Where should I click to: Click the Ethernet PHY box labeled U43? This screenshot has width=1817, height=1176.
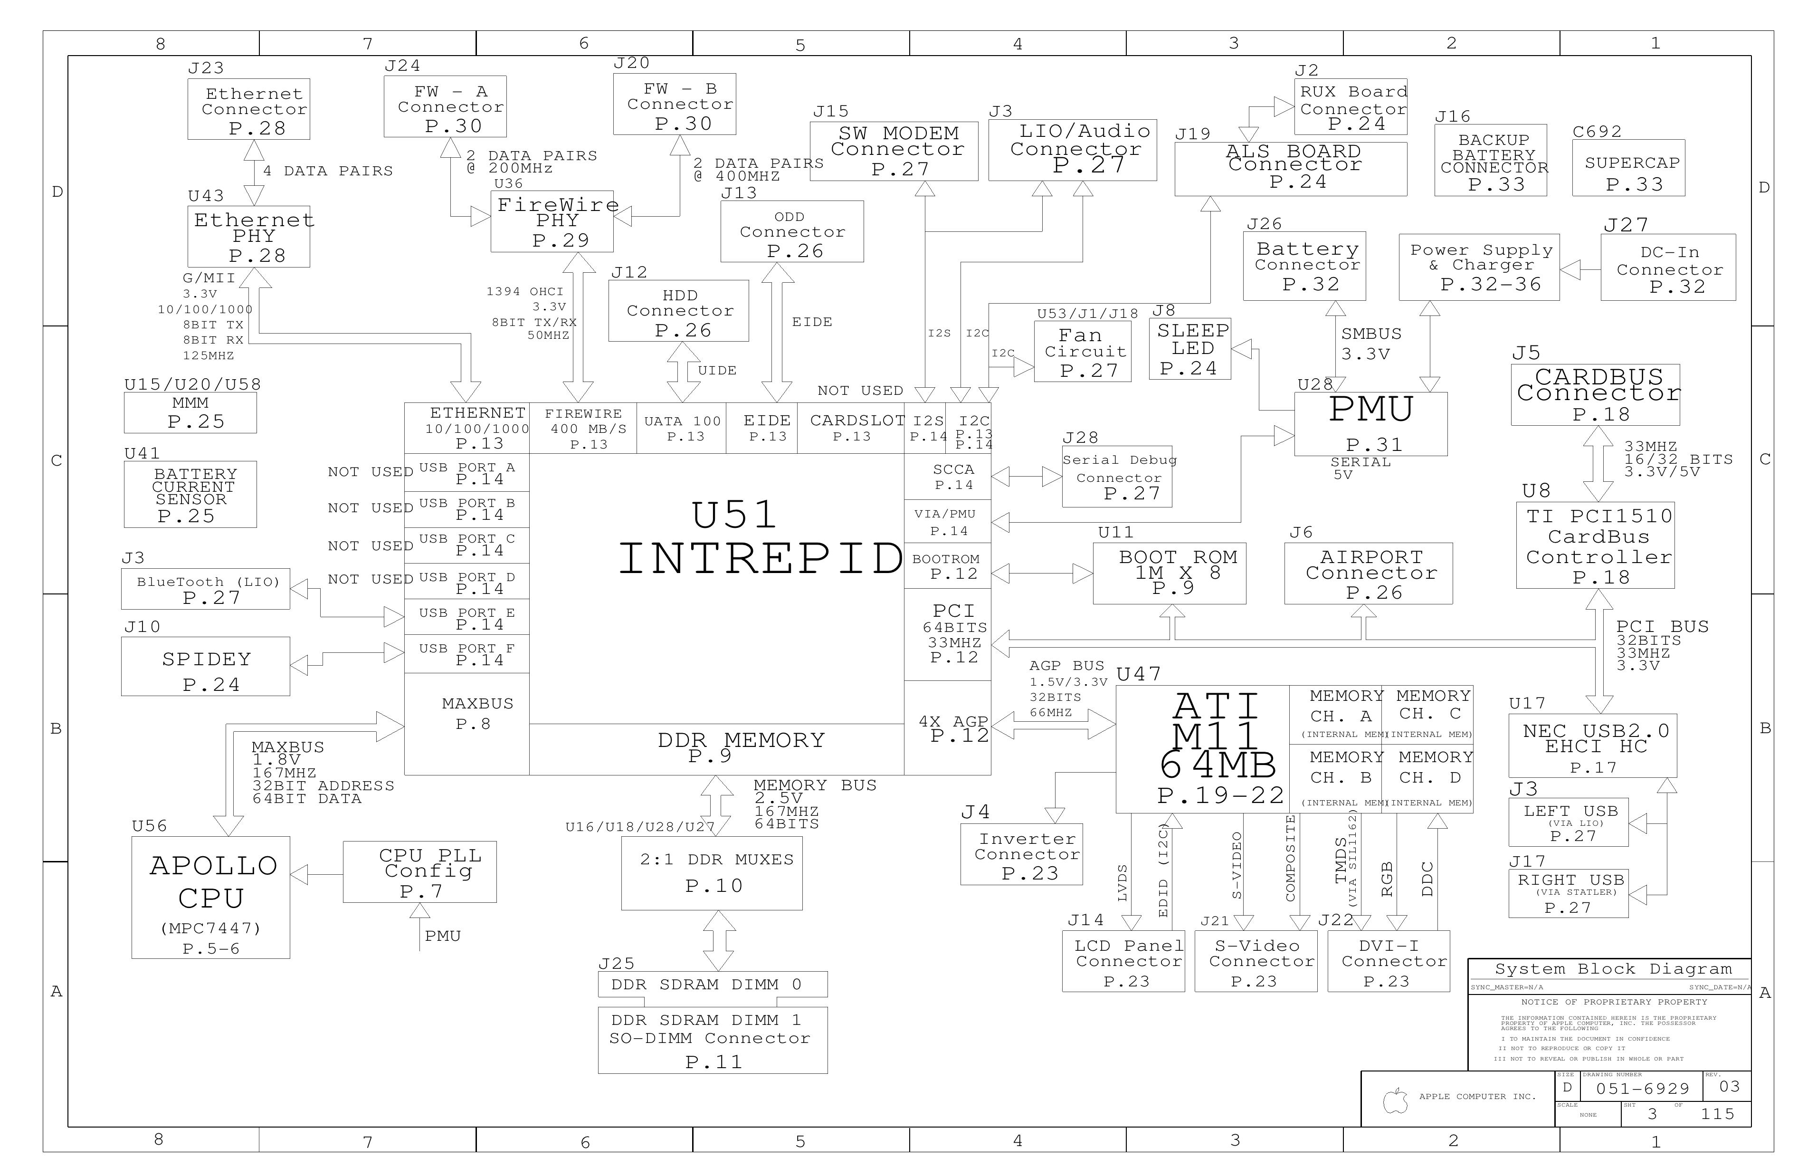tap(249, 237)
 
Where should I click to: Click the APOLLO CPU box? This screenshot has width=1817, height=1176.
tap(211, 897)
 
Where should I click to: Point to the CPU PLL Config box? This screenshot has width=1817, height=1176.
tap(420, 872)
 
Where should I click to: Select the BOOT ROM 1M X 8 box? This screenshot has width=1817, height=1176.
tap(1170, 574)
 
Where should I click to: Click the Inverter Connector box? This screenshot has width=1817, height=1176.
tap(1021, 854)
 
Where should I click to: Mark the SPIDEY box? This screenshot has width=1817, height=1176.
tap(205, 667)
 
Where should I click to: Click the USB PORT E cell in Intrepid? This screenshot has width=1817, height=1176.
tap(466, 617)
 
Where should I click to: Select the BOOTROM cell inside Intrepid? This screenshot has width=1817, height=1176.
tap(947, 566)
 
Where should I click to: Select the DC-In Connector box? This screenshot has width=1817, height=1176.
tap(1668, 267)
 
